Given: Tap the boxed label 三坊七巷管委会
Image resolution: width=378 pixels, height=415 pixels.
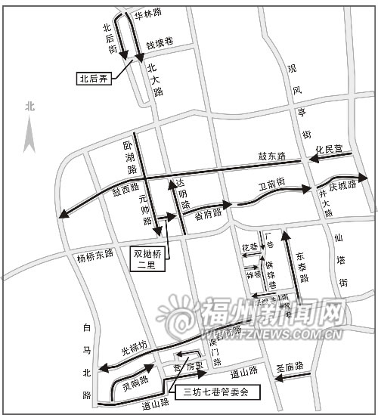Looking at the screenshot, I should pyautogui.click(x=215, y=392).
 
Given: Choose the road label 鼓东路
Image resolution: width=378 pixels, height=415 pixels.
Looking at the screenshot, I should pyautogui.click(x=271, y=156).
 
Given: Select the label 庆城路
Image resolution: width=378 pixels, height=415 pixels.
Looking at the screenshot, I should pyautogui.click(x=342, y=185).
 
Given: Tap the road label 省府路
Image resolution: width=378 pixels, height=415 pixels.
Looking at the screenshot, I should pyautogui.click(x=207, y=212).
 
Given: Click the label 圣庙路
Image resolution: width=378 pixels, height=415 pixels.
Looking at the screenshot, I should pyautogui.click(x=290, y=367).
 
